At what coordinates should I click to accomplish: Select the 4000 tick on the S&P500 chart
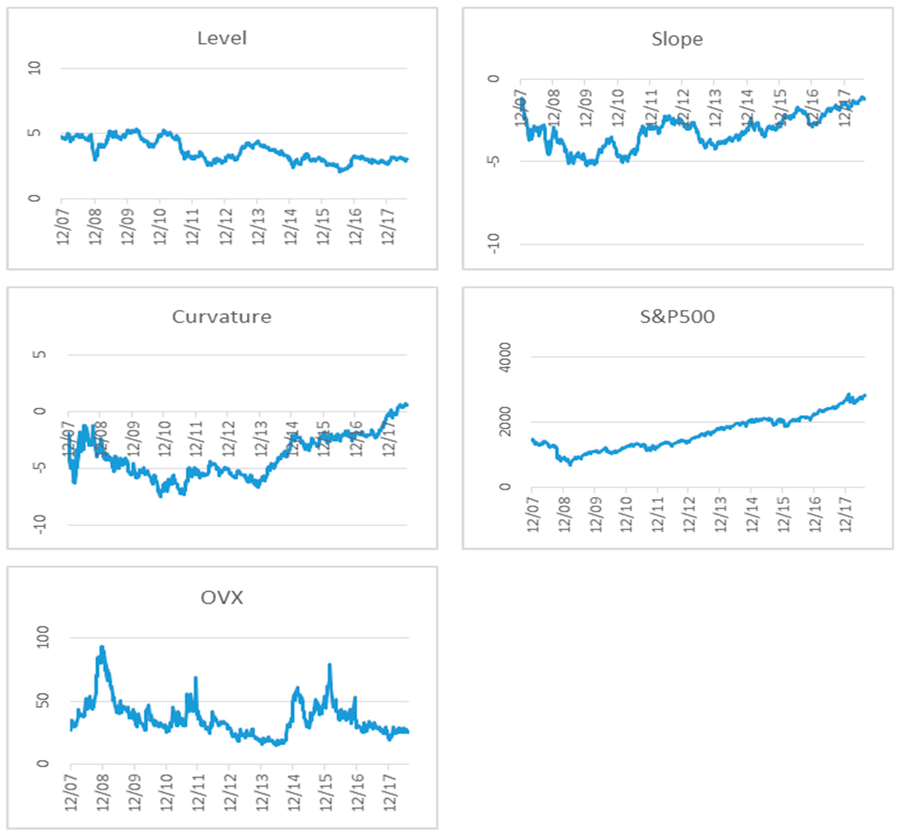coord(504,357)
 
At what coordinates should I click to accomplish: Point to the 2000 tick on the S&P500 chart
coord(504,422)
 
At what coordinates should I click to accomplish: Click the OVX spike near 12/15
coord(329,665)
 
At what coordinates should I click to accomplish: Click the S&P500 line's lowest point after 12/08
coord(570,464)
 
